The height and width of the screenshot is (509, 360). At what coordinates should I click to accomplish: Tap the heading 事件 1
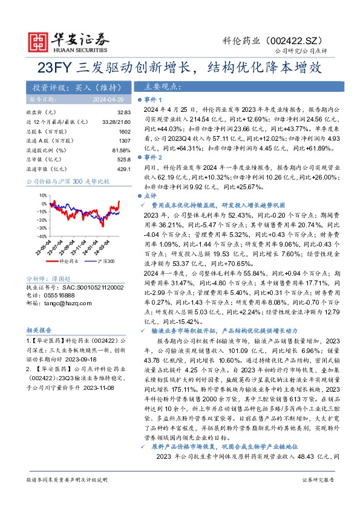152,99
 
